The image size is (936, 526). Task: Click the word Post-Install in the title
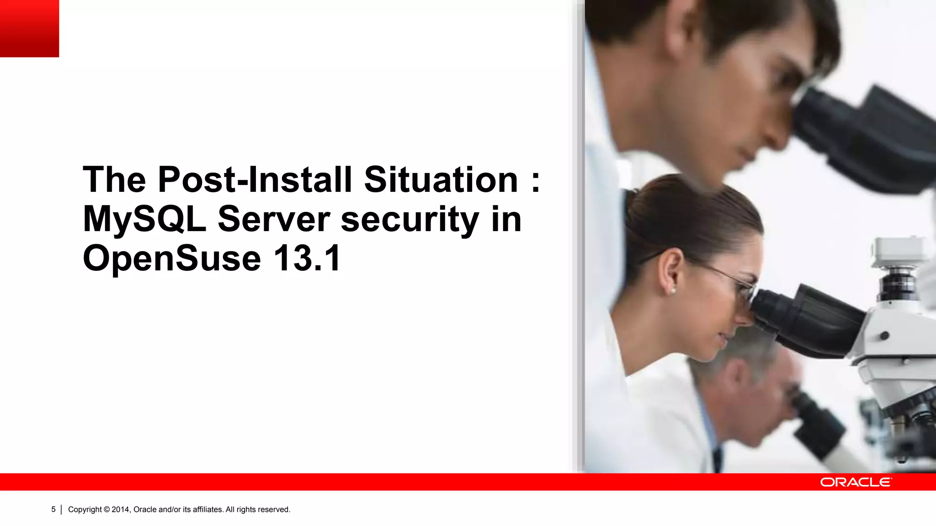pos(255,180)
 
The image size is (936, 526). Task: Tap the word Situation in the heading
pos(441,180)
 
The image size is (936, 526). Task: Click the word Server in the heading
pos(273,219)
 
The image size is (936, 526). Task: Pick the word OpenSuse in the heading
pos(172,258)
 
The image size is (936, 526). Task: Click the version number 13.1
pos(307,258)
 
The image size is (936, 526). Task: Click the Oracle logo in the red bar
pos(855,482)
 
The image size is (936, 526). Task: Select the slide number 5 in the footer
pos(53,509)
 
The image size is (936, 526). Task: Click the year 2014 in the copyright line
pos(121,509)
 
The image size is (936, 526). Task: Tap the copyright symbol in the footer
pos(106,509)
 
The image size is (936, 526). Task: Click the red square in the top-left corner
pos(29,28)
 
